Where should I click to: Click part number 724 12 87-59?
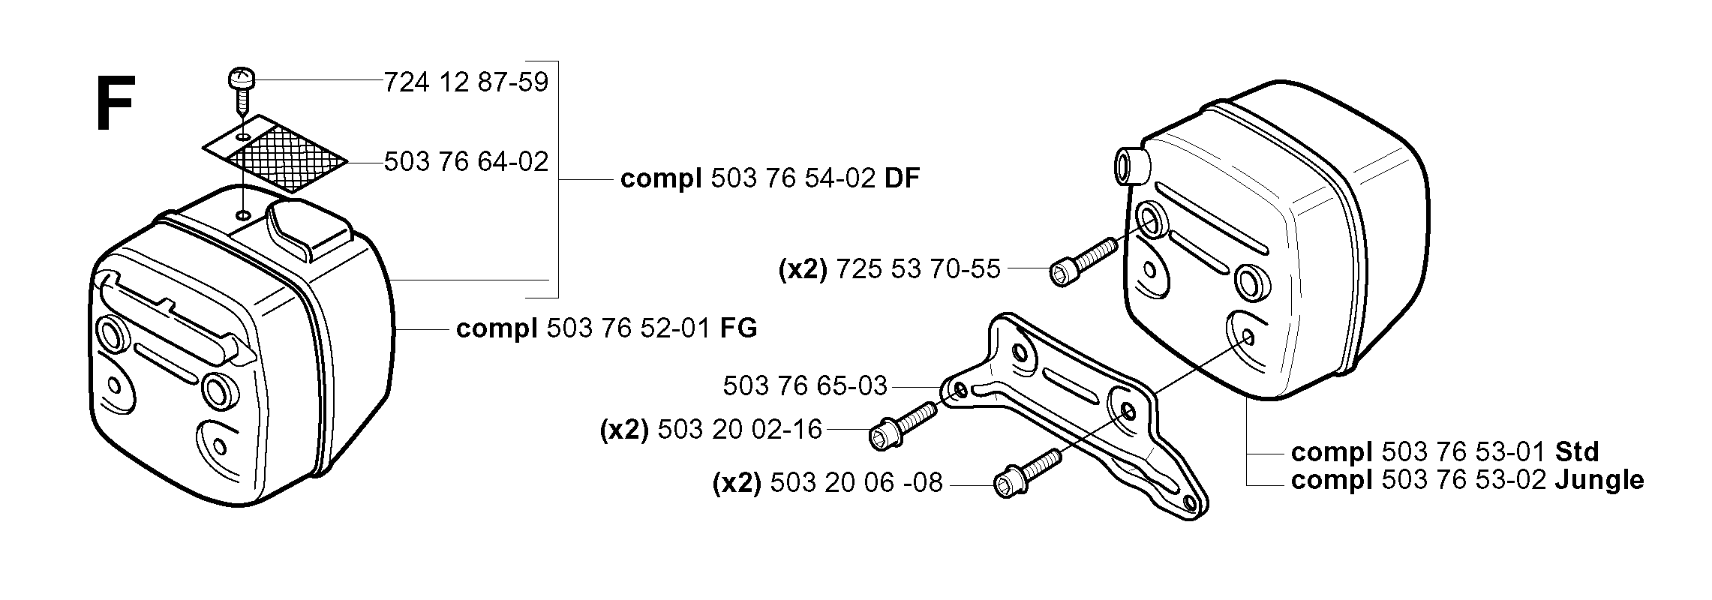click(467, 82)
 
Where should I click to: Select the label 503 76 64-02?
click(467, 161)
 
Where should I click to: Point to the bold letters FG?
click(738, 328)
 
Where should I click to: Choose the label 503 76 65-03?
click(805, 386)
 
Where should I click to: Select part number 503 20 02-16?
click(740, 430)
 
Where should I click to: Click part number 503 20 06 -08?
click(856, 482)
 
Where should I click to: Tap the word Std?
click(1577, 452)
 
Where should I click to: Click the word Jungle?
click(1599, 480)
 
